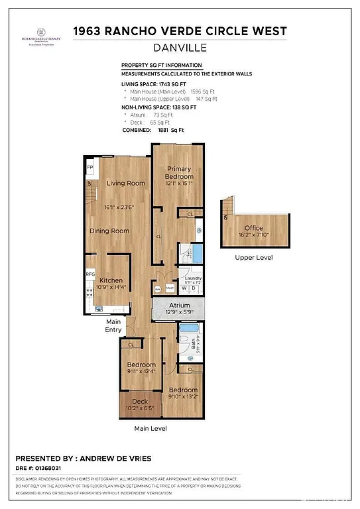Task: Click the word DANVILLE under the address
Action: pos(180,47)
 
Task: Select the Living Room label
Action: pos(126,183)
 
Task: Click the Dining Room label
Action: pos(110,231)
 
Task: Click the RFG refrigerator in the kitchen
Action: pos(90,273)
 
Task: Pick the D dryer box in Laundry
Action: pos(194,288)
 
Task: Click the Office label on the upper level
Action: pos(253,228)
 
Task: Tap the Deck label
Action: pos(139,401)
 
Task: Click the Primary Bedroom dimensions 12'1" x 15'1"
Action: pos(180,184)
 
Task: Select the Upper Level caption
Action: pos(253,257)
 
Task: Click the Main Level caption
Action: pos(150,428)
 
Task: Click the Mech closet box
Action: pos(170,289)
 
